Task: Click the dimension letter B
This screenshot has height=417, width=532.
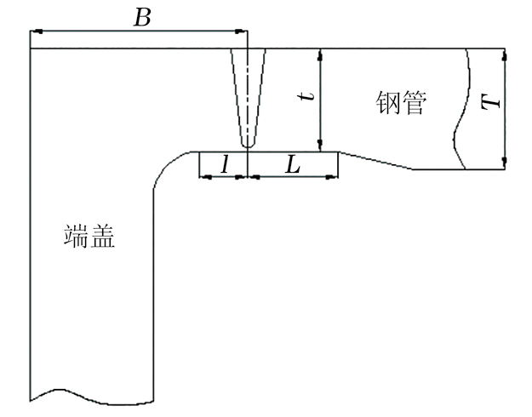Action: pyautogui.click(x=142, y=17)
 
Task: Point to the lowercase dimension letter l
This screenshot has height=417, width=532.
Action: pyautogui.click(x=223, y=166)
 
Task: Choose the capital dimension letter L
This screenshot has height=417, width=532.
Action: pyautogui.click(x=292, y=165)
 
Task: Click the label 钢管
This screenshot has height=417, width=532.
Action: pyautogui.click(x=400, y=103)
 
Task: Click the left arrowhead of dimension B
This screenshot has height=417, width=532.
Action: pyautogui.click(x=34, y=31)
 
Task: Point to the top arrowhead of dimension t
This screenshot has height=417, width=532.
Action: pyautogui.click(x=320, y=54)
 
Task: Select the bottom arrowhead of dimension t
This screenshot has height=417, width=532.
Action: pyautogui.click(x=320, y=147)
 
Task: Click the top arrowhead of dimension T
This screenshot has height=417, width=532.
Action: pyautogui.click(x=505, y=54)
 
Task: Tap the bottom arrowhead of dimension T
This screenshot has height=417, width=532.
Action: pyautogui.click(x=505, y=164)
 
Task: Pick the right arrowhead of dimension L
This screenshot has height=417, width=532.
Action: pyautogui.click(x=335, y=177)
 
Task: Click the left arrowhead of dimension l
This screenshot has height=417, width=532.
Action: pyautogui.click(x=203, y=177)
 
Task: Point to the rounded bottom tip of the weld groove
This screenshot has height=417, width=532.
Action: pyautogui.click(x=247, y=146)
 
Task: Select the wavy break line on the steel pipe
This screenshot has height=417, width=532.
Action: pyautogui.click(x=462, y=111)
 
